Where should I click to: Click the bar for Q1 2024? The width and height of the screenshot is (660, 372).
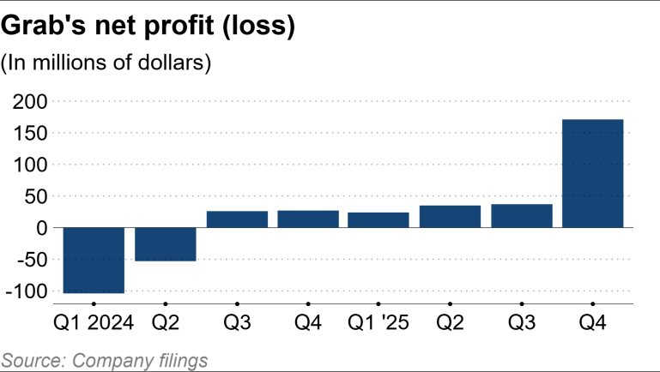pyautogui.click(x=94, y=260)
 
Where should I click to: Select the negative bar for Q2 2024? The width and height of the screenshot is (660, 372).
pyautogui.click(x=165, y=243)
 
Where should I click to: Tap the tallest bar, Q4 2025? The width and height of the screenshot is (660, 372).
pyautogui.click(x=592, y=173)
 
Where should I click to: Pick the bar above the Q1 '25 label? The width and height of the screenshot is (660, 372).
pyautogui.click(x=378, y=219)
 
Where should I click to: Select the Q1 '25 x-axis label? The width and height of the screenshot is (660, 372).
pyautogui.click(x=378, y=325)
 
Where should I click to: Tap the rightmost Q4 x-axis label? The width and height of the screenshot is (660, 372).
pyautogui.click(x=592, y=325)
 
